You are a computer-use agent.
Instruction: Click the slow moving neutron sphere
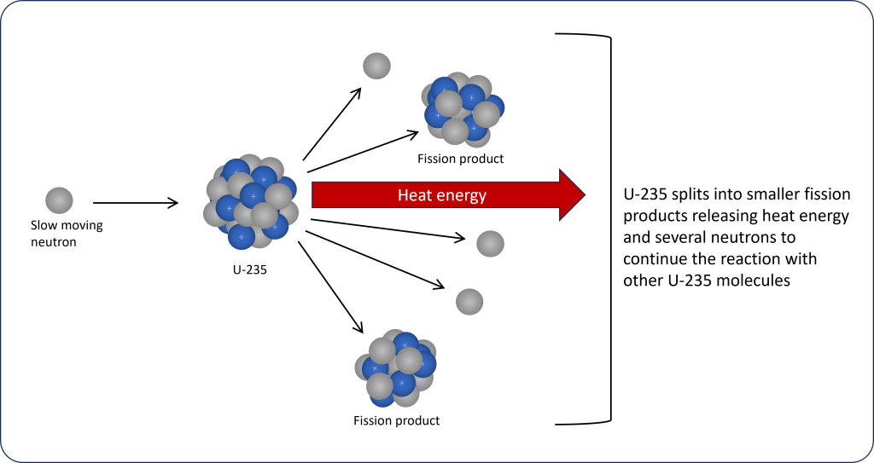pyautogui.click(x=59, y=200)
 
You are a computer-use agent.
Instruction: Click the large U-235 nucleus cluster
pyautogui.click(x=251, y=202)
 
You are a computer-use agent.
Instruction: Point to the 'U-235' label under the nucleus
pyautogui.click(x=250, y=271)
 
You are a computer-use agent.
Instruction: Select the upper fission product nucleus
pyautogui.click(x=461, y=109)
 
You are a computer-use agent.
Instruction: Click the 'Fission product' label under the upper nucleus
pyautogui.click(x=460, y=159)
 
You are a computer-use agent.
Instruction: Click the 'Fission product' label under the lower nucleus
pyautogui.click(x=396, y=420)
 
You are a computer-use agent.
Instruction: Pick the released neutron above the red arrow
pyautogui.click(x=376, y=66)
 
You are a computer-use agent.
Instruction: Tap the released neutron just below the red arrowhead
pyautogui.click(x=490, y=244)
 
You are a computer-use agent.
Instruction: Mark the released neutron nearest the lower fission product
pyautogui.click(x=469, y=301)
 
